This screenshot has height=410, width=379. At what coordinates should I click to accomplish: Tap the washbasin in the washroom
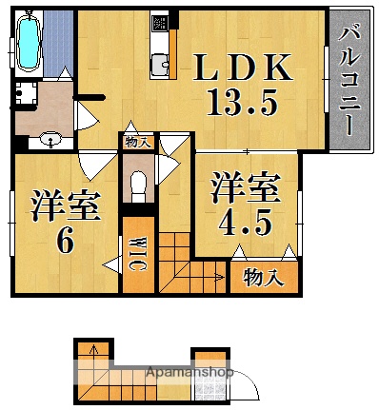coord(50,141)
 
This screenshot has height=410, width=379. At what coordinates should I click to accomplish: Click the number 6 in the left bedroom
coord(64,241)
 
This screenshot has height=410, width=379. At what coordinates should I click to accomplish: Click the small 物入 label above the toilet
coord(137,142)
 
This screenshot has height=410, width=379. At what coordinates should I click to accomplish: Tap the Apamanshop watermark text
coord(189,373)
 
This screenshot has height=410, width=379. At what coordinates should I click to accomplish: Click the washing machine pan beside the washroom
coord(27,93)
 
